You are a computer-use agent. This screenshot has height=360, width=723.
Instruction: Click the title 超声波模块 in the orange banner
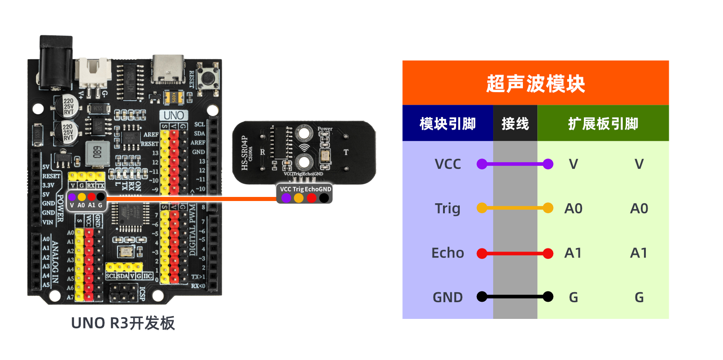point(535,84)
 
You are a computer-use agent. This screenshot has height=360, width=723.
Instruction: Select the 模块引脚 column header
point(448,123)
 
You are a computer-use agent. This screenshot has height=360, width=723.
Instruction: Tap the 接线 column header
point(515,123)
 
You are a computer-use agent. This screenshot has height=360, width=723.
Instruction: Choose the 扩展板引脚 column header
point(603,123)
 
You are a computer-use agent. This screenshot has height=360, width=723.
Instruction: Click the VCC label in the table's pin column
point(448,164)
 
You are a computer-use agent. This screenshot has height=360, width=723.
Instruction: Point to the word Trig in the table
point(448,208)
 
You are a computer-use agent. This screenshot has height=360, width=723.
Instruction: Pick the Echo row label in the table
point(448,253)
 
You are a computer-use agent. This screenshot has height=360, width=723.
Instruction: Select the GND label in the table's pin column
point(448,297)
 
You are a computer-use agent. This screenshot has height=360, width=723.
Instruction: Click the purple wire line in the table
point(515,164)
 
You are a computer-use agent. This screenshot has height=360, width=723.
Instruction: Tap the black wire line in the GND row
point(515,297)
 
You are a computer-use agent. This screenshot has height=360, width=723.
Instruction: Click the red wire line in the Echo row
point(515,253)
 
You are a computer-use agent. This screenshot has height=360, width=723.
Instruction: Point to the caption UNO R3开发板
point(123,323)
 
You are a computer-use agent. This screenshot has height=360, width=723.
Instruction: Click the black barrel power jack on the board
point(56,63)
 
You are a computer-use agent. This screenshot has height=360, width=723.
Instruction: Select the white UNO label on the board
point(173,115)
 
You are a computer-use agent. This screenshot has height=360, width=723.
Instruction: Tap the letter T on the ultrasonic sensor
point(346,152)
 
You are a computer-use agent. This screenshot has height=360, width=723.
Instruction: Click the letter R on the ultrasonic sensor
point(262,152)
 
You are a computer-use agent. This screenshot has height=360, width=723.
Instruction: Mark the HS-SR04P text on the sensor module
point(245,153)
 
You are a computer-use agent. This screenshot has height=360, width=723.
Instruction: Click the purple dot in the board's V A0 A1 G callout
point(72,196)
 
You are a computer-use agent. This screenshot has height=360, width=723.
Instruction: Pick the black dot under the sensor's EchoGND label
point(324,198)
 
